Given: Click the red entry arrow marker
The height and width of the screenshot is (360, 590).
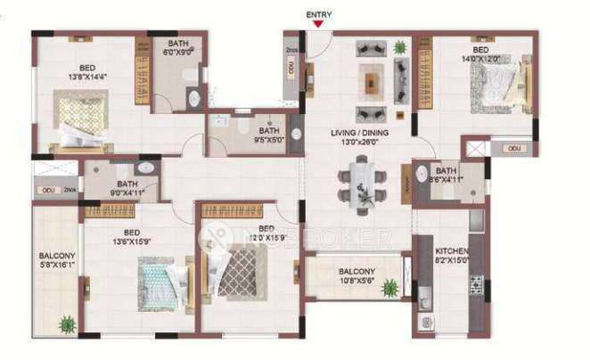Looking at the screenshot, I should point(317,25).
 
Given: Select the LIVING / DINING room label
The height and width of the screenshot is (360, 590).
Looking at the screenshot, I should point(354,137).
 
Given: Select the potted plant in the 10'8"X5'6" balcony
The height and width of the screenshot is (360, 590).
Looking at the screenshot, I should point(390,288).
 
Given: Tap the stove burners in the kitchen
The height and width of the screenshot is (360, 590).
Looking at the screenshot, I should point(476,284).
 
